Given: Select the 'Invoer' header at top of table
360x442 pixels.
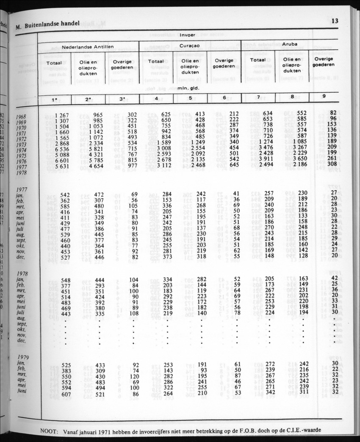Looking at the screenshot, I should point(188,35).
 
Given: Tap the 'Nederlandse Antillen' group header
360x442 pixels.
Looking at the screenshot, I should point(88,47).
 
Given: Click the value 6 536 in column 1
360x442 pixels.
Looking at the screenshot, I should point(65,149).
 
